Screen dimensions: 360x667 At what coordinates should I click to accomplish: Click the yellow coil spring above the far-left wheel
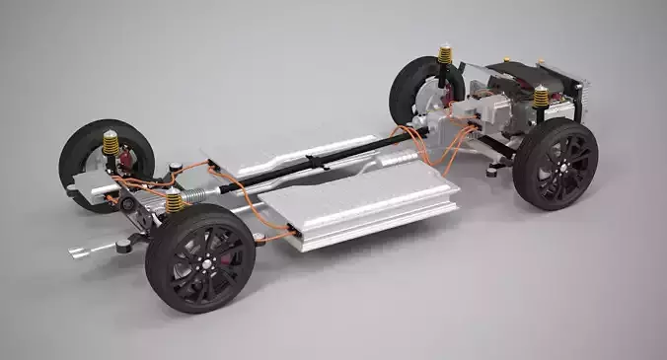(x=111, y=145)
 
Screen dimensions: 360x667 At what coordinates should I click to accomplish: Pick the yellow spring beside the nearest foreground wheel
(x=175, y=202)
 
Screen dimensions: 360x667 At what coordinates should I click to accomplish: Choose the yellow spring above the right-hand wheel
(x=541, y=98)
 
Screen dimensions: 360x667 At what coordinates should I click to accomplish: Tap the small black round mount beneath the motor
(x=490, y=172)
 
